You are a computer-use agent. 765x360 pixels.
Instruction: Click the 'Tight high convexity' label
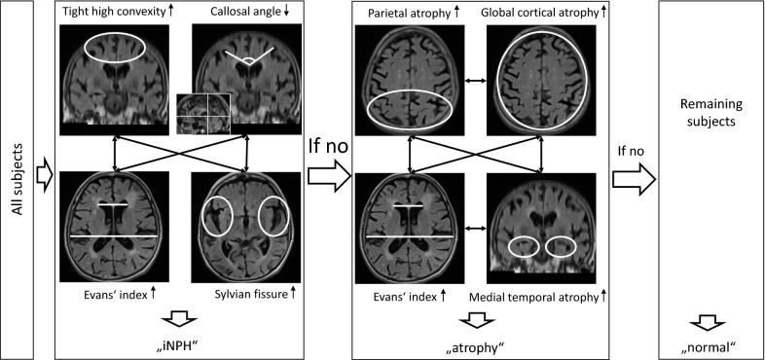click(106, 13)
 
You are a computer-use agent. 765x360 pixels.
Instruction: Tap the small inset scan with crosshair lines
click(202, 118)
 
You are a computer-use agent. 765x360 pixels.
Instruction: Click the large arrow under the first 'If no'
click(327, 176)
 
